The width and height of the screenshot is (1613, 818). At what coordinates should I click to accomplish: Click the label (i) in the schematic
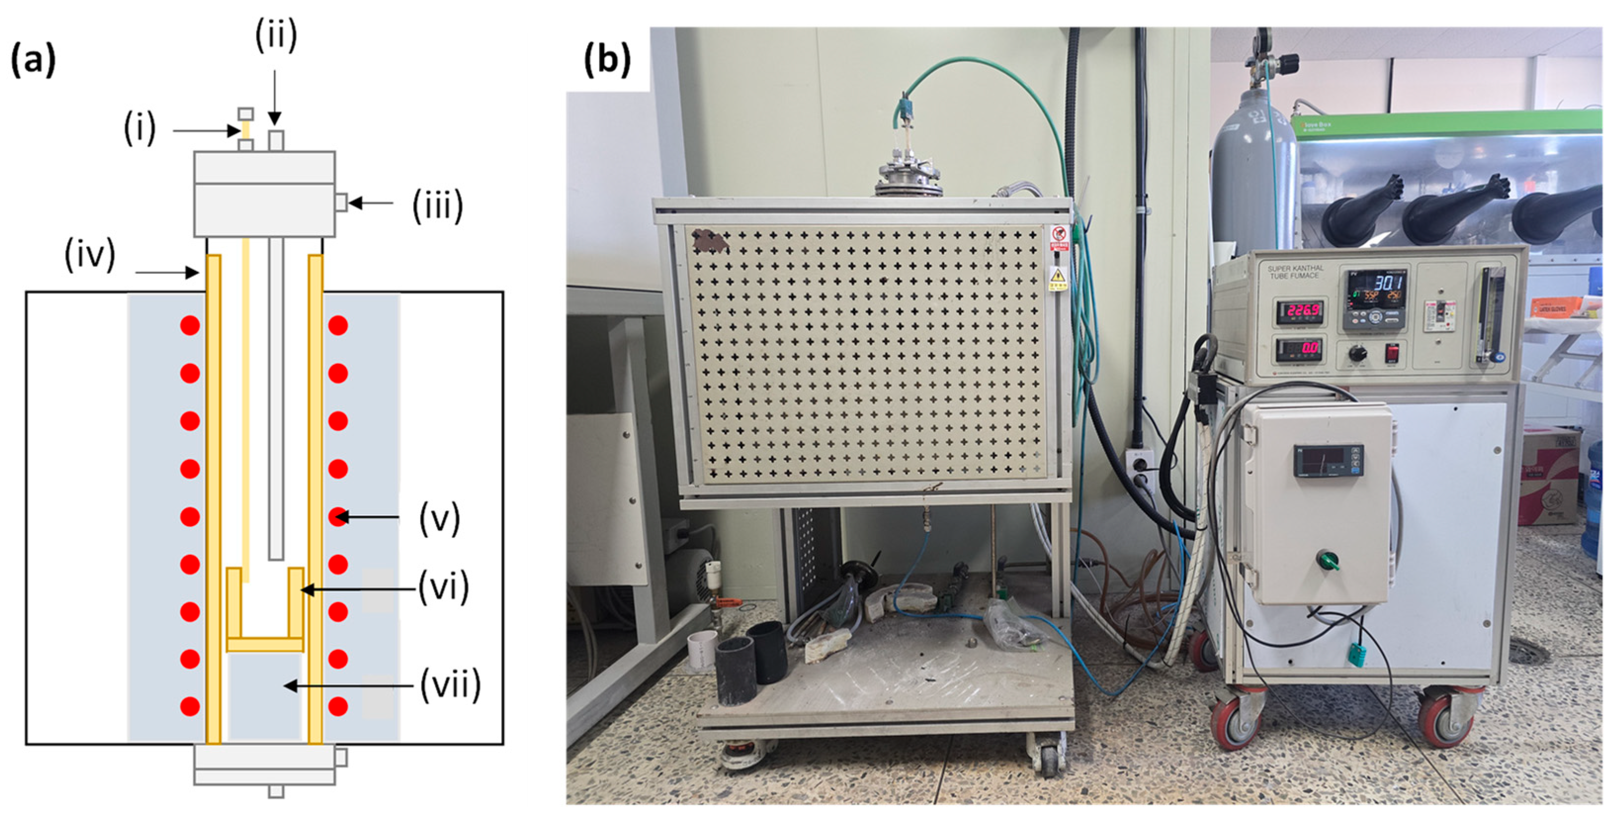(139, 129)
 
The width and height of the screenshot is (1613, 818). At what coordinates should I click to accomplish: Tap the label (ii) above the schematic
(276, 36)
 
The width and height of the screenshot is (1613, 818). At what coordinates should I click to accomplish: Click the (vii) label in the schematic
(450, 685)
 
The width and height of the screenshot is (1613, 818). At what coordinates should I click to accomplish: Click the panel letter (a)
(33, 61)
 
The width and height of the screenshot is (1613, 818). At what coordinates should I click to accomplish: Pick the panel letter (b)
(607, 61)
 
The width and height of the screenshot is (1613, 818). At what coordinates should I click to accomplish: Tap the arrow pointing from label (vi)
(358, 589)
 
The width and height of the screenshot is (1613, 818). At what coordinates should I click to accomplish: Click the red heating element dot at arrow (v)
(338, 517)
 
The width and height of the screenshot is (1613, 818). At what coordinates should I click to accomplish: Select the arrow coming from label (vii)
(347, 686)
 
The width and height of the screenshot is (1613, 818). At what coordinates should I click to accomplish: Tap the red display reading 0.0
(1299, 348)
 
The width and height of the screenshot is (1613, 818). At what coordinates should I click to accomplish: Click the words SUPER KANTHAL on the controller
(1295, 269)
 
